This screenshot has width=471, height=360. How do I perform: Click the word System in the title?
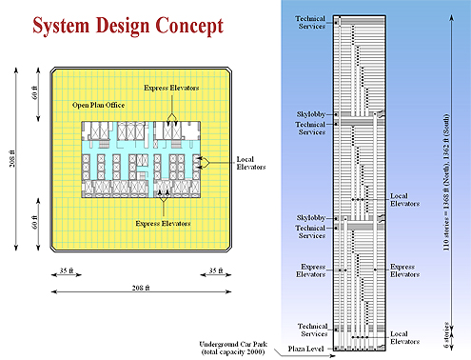61,26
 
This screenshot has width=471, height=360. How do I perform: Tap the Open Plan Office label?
98,105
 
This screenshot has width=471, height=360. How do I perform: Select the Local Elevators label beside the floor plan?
251,163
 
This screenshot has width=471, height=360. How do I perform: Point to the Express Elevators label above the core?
171,88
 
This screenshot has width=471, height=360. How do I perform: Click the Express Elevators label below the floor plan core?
163,224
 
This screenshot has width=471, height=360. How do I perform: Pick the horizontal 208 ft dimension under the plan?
141,288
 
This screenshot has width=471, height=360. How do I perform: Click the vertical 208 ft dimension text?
12,158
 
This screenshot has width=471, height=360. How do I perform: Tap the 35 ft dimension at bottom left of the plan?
67,270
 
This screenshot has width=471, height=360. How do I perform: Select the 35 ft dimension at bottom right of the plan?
216,270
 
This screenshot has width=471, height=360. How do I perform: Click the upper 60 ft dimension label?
35,92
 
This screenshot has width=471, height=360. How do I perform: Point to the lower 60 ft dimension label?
35,222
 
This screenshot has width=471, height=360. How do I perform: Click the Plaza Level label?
305,349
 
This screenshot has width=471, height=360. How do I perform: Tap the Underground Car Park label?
233,348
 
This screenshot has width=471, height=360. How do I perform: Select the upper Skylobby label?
311,114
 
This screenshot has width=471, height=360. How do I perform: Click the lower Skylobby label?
311,218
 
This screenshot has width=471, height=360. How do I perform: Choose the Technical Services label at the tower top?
310,23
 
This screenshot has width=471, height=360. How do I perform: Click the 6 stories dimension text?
446,335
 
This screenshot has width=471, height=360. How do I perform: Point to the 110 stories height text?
446,182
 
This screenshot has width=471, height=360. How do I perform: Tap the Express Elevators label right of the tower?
404,270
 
